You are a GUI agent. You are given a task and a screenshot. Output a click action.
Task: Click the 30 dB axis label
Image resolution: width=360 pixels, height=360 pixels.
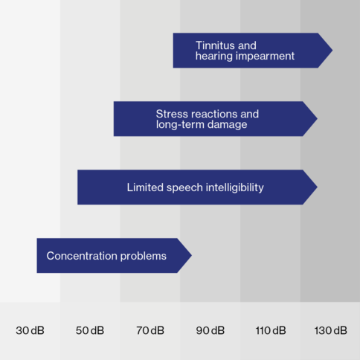[x=30, y=330]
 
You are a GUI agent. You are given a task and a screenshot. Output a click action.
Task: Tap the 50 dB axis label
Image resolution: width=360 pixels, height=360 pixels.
[x=90, y=330]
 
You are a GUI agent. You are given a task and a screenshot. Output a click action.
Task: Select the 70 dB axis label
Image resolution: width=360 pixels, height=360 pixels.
[x=150, y=330]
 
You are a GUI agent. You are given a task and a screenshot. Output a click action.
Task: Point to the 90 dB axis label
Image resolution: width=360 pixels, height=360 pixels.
[x=210, y=330]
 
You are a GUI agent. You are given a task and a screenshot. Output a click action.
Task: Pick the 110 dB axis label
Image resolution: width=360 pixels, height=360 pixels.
[x=271, y=330]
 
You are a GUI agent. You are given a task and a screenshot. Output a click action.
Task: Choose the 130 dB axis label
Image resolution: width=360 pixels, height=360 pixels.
[x=331, y=330]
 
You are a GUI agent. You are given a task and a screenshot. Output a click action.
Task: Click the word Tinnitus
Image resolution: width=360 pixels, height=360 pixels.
[x=215, y=45]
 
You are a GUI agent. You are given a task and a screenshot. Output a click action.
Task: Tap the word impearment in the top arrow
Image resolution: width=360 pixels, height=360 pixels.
[x=265, y=57]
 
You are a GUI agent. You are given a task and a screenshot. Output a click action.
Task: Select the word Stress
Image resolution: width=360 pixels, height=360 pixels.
[x=172, y=114]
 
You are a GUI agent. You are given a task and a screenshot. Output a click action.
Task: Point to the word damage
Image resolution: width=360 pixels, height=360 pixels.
[x=227, y=125]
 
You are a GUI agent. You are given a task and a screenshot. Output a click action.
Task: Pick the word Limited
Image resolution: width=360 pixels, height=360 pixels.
[x=145, y=187]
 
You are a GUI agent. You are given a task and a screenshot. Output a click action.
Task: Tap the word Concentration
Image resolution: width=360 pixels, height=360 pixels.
[x=82, y=256]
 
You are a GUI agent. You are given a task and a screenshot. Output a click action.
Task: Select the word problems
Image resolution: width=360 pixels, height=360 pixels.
[x=144, y=257]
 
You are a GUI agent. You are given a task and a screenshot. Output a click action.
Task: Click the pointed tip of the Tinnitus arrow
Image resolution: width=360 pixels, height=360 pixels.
[x=332, y=51]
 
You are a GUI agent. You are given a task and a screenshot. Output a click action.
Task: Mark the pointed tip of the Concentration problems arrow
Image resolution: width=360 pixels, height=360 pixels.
[x=192, y=256]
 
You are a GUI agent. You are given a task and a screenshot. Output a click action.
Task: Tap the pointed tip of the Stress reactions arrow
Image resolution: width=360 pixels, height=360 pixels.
[x=318, y=119]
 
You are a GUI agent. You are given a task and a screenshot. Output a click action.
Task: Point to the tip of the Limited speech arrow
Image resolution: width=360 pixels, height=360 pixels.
[x=318, y=187]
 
